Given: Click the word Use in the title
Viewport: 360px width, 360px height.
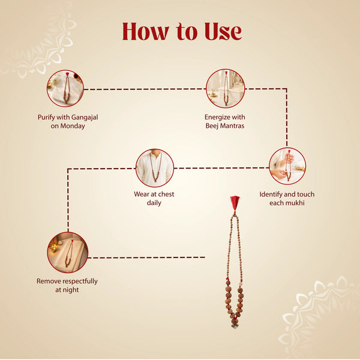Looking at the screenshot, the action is [x=223, y=32].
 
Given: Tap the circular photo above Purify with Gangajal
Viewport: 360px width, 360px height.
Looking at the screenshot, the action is [x=65, y=88].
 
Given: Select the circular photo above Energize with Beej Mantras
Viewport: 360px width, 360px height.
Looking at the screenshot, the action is [x=226, y=88].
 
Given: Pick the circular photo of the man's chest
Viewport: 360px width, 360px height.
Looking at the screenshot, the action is [x=155, y=168].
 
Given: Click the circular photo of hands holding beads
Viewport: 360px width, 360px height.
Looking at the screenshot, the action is [x=287, y=166].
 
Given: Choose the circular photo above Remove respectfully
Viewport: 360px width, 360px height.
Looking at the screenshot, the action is [x=68, y=253].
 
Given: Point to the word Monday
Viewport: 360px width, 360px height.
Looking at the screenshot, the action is [x=73, y=126].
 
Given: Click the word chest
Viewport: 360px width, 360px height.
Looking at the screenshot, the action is [x=166, y=194].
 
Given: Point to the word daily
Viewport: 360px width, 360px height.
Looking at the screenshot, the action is [x=154, y=203].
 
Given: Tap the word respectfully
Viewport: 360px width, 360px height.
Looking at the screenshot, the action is [x=80, y=281].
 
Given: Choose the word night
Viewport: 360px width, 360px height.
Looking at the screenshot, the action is [x=71, y=290].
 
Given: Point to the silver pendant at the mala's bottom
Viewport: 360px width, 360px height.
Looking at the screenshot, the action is [x=235, y=326].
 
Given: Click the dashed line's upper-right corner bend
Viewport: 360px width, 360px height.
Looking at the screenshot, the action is [x=287, y=89].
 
